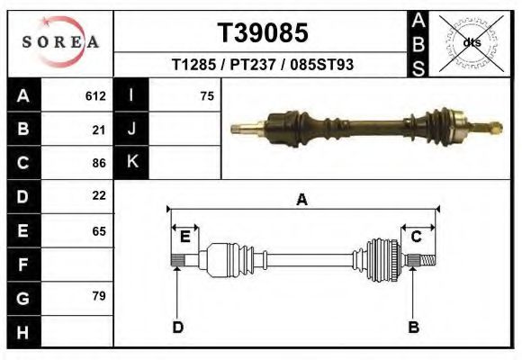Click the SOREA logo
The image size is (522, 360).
(60, 42)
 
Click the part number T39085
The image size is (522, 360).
(263, 32)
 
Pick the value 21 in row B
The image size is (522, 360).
(99, 130)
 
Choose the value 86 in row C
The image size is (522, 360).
(99, 163)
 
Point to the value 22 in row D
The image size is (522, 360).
(99, 195)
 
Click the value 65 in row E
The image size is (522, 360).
(99, 230)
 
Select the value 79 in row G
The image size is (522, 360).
(99, 296)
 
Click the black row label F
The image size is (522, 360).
(22, 264)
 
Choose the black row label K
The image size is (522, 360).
(131, 163)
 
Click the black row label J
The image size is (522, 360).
(131, 130)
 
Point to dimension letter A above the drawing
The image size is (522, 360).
(302, 200)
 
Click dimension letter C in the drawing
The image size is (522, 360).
(417, 237)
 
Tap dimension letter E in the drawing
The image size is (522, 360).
(184, 237)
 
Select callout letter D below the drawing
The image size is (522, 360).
(177, 328)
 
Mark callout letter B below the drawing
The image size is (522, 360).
(414, 328)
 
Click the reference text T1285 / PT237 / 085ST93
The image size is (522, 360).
(263, 66)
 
